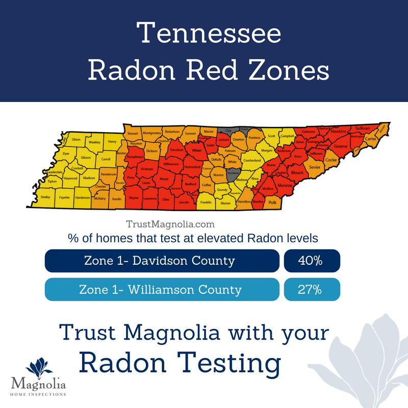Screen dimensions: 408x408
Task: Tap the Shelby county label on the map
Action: pos(45,197)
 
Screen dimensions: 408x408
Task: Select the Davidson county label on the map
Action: pos(176,150)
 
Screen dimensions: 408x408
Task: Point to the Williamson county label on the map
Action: pos(171,164)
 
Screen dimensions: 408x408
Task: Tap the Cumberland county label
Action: pos(251,160)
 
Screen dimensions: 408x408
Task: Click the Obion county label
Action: pos(76,140)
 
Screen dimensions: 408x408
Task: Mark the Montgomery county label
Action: pos(152,133)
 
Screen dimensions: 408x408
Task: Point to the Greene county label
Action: pos(340,146)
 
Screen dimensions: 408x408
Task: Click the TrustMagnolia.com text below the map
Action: pos(170,224)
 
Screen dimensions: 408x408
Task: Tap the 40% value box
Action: pos(311,261)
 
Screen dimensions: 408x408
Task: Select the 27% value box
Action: pos(311,290)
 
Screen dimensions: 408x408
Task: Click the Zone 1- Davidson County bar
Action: pos(162,261)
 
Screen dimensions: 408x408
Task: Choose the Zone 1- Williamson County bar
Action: pos(162,290)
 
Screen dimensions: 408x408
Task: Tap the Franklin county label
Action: pos(206,202)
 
